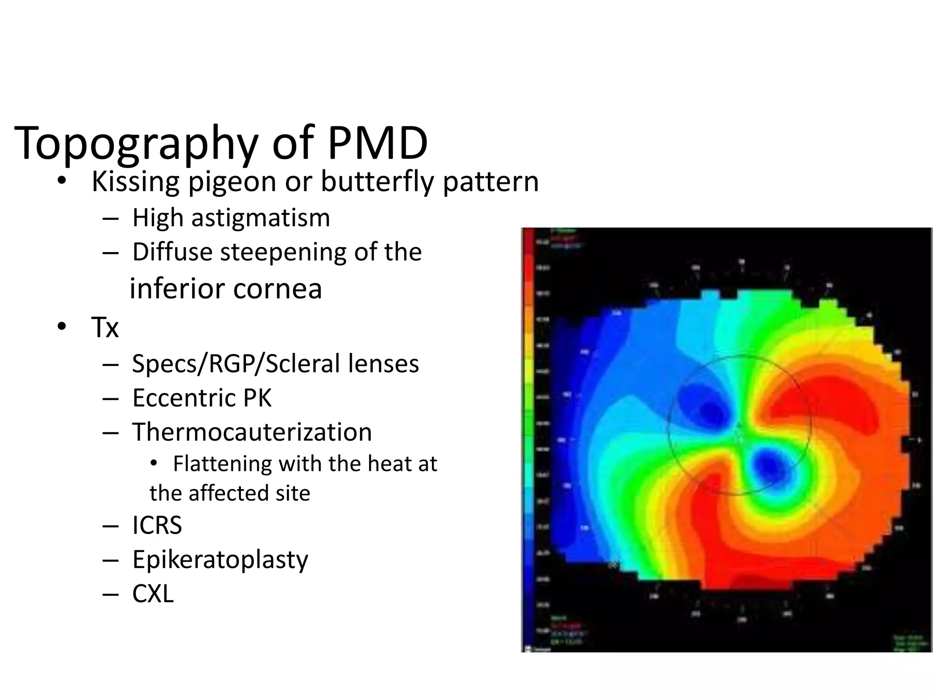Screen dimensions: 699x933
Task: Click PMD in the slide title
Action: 378,143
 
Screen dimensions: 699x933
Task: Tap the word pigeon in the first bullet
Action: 232,182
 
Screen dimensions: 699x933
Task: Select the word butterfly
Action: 378,182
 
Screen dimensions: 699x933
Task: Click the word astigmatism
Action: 260,218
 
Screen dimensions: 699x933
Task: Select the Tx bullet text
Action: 105,327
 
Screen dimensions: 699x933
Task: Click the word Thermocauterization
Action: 252,432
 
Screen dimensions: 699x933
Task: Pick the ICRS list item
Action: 157,525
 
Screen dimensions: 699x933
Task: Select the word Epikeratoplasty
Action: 220,559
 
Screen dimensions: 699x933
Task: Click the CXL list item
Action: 153,593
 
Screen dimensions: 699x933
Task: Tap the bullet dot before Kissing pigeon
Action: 62,182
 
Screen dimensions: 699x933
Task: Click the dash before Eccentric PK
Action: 110,399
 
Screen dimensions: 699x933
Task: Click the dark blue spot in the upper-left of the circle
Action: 712,412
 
